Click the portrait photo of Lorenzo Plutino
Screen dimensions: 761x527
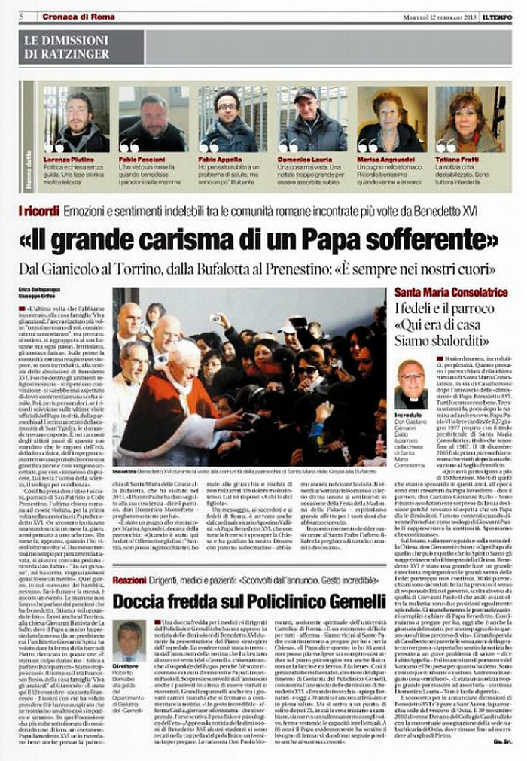(75, 119)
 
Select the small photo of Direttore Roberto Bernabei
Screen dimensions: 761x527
(130, 641)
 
